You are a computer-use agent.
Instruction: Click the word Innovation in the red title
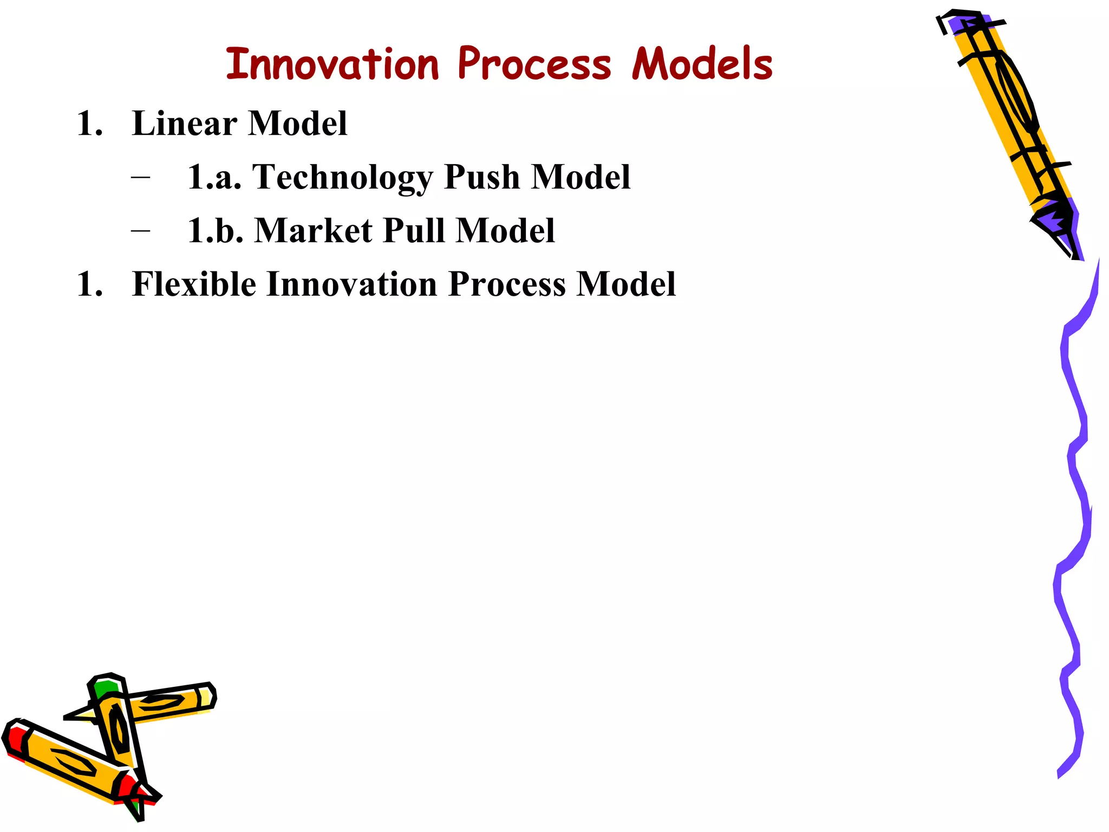(331, 64)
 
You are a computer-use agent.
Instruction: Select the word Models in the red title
(702, 64)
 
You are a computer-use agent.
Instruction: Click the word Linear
(185, 123)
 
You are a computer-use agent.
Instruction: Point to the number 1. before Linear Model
(90, 123)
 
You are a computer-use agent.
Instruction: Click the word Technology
(342, 178)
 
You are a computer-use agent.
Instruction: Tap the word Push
(481, 177)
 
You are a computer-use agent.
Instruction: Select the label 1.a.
(214, 178)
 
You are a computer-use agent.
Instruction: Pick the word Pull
(413, 231)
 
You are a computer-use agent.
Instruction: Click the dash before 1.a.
(140, 178)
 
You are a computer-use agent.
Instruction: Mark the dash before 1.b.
(140, 231)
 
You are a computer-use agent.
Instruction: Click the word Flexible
(194, 284)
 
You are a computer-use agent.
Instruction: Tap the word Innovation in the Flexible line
(352, 284)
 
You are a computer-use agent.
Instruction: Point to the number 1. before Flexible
(90, 284)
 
